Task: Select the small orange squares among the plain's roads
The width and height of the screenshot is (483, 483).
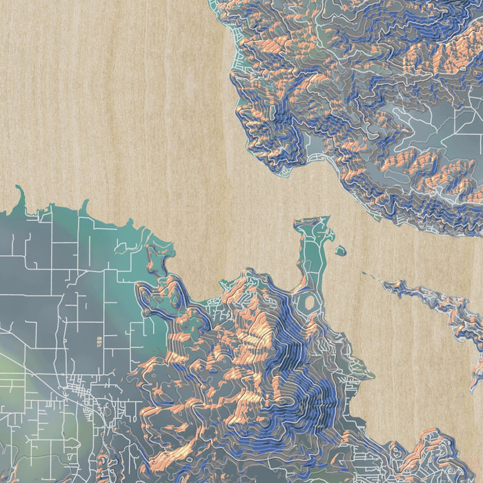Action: click(x=98, y=340)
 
